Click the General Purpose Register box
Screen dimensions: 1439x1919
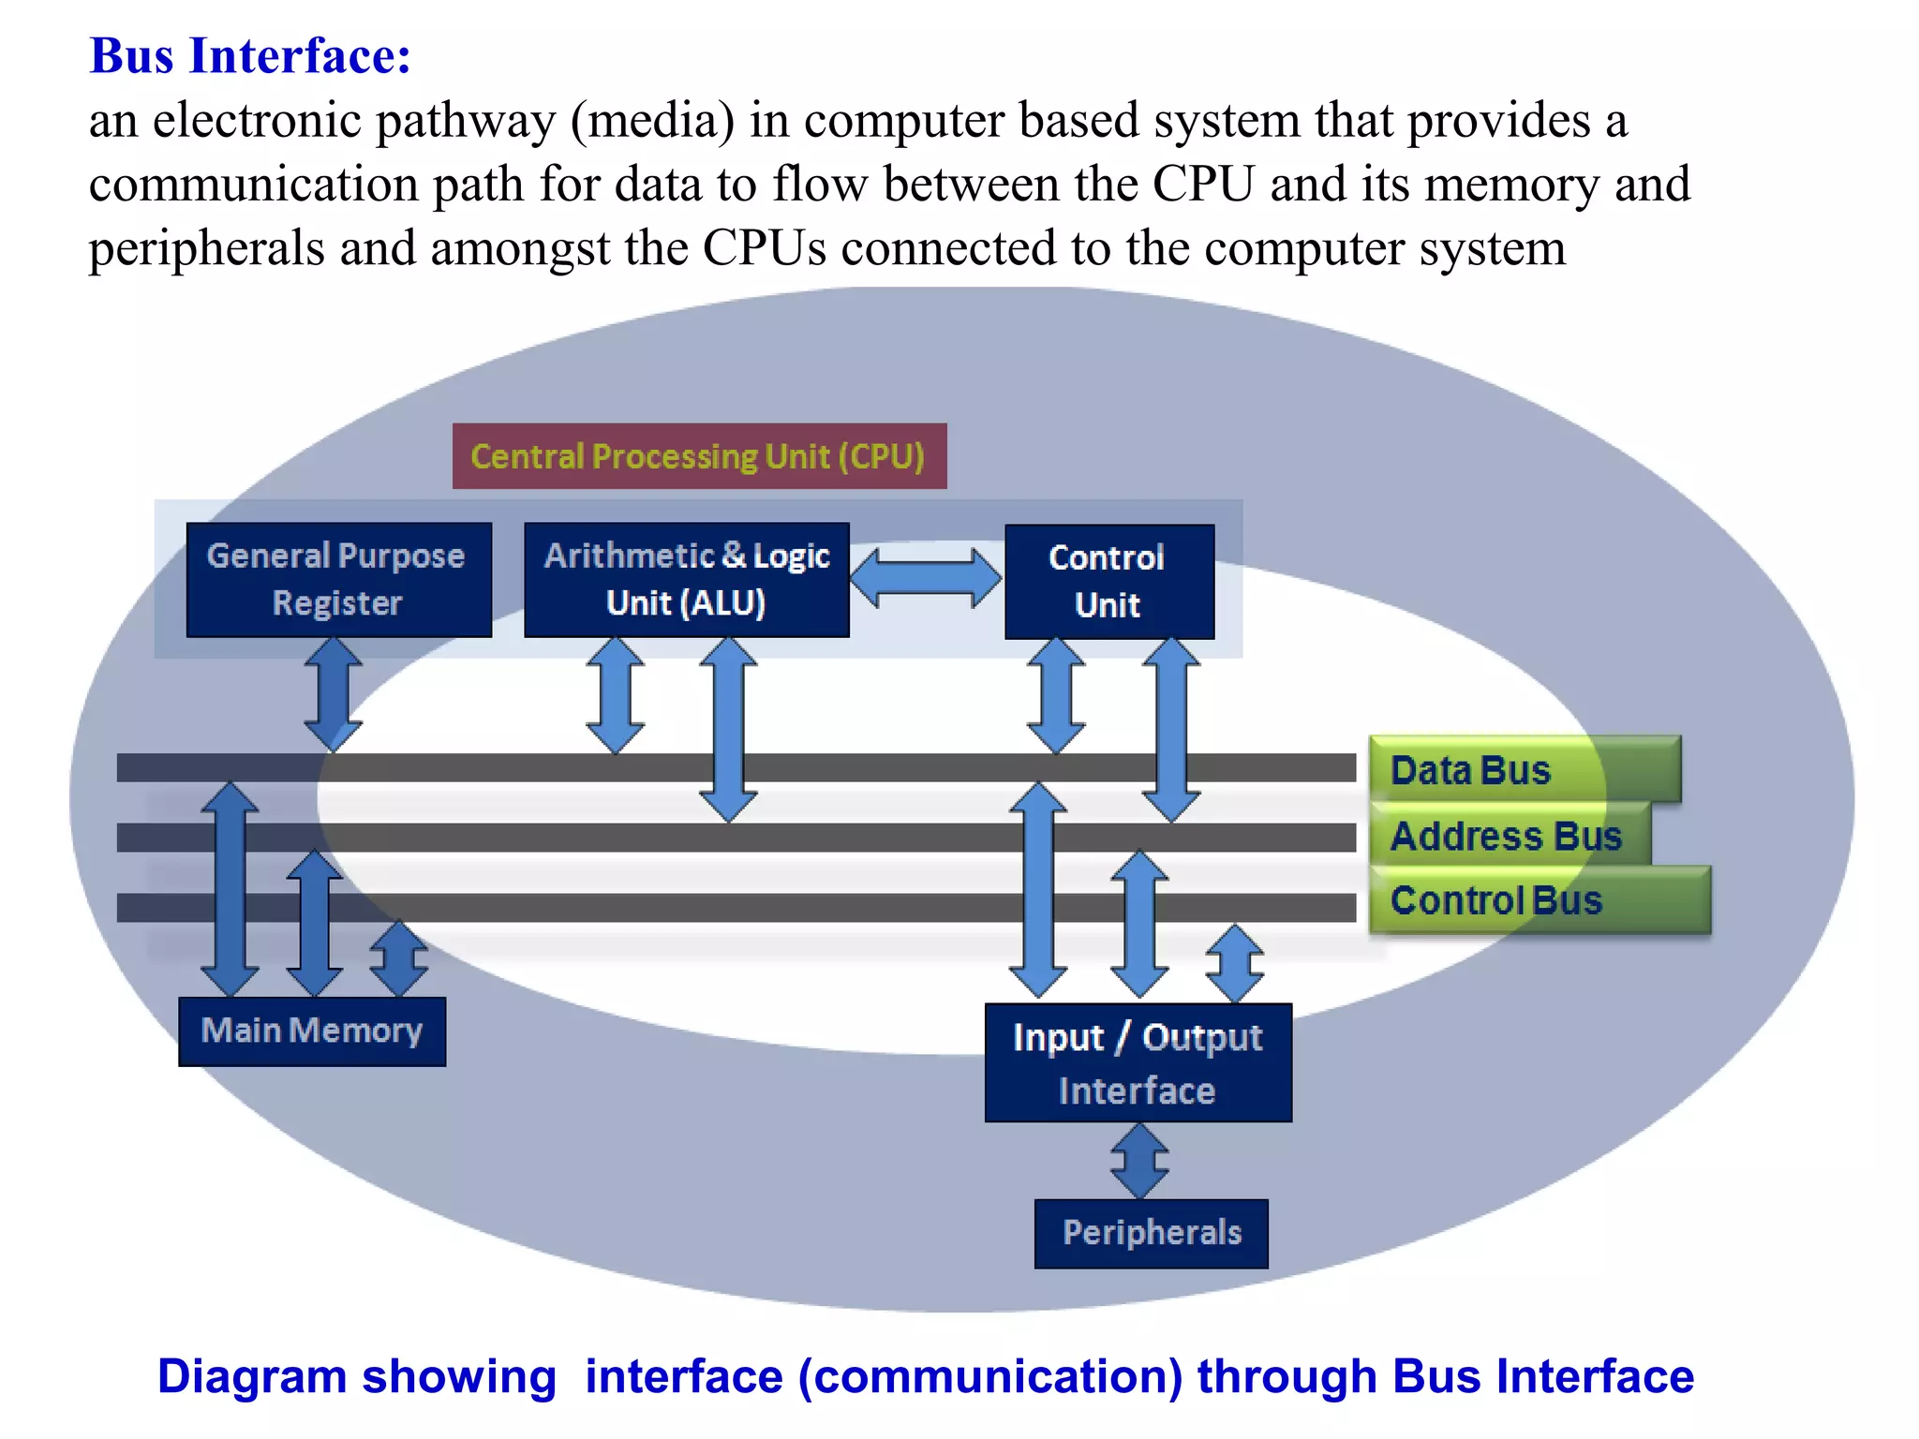(338, 580)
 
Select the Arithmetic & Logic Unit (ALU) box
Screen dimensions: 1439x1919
(686, 580)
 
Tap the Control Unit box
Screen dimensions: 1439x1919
(1108, 582)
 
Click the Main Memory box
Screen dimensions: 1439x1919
(312, 1031)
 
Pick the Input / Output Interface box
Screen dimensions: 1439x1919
(1138, 1063)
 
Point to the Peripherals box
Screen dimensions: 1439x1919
(1151, 1233)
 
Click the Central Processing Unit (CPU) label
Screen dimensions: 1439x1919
(699, 456)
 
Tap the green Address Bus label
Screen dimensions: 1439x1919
(1507, 835)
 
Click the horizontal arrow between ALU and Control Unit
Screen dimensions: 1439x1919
(926, 578)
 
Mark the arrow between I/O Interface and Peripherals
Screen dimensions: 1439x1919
(1138, 1161)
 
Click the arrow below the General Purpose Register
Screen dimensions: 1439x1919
(333, 694)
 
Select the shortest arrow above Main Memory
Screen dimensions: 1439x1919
(399, 957)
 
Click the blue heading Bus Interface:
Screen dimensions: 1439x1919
(250, 55)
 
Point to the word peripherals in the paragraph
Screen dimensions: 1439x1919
(206, 249)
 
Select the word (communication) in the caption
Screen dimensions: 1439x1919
(990, 1376)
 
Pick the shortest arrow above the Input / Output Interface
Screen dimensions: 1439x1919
(1234, 963)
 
